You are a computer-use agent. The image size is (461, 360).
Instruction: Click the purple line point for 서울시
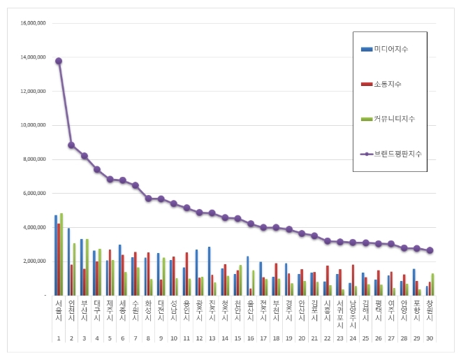pyautogui.click(x=59, y=61)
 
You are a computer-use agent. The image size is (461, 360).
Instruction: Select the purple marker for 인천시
pyautogui.click(x=71, y=145)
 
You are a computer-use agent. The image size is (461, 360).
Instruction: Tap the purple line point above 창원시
pyautogui.click(x=430, y=250)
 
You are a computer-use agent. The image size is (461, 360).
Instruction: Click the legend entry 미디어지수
pyautogui.click(x=390, y=50)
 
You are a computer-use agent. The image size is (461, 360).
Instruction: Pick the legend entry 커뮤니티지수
pyautogui.click(x=393, y=118)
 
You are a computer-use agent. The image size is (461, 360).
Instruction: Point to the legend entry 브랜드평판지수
pyautogui.click(x=395, y=152)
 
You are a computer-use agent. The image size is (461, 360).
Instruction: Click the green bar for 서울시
pyautogui.click(x=62, y=254)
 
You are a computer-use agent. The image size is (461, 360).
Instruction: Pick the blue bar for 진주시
pyautogui.click(x=209, y=271)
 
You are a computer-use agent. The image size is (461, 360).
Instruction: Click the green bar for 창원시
pyautogui.click(x=433, y=284)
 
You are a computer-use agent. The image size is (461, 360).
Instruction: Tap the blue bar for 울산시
pyautogui.click(x=247, y=275)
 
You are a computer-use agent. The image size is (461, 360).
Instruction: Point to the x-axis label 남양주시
pyautogui.click(x=353, y=315)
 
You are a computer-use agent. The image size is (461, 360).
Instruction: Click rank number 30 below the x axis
pyautogui.click(x=430, y=338)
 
